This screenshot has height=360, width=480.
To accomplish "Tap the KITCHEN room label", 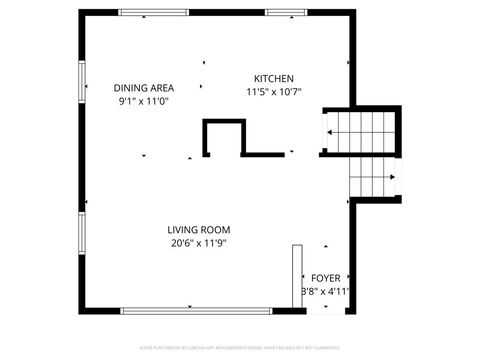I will [x=273, y=78].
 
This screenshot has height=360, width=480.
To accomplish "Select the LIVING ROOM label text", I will [x=199, y=229].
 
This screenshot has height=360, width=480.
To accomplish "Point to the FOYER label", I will [x=325, y=277].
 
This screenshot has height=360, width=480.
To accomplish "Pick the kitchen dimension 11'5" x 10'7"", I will [x=273, y=92].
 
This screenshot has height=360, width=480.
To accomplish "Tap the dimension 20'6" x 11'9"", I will [x=199, y=243].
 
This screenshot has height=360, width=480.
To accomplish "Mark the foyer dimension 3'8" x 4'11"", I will [x=325, y=292].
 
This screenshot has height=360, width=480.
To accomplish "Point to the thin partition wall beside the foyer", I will [x=296, y=274].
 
